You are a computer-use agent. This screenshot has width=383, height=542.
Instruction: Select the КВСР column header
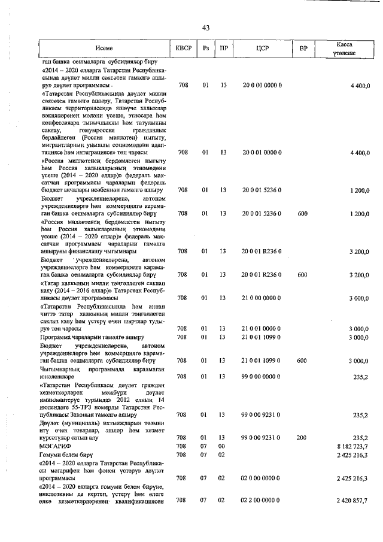click(183, 48)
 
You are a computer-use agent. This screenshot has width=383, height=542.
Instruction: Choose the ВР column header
click(303, 48)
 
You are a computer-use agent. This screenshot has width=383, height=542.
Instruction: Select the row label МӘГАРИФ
click(54, 447)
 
